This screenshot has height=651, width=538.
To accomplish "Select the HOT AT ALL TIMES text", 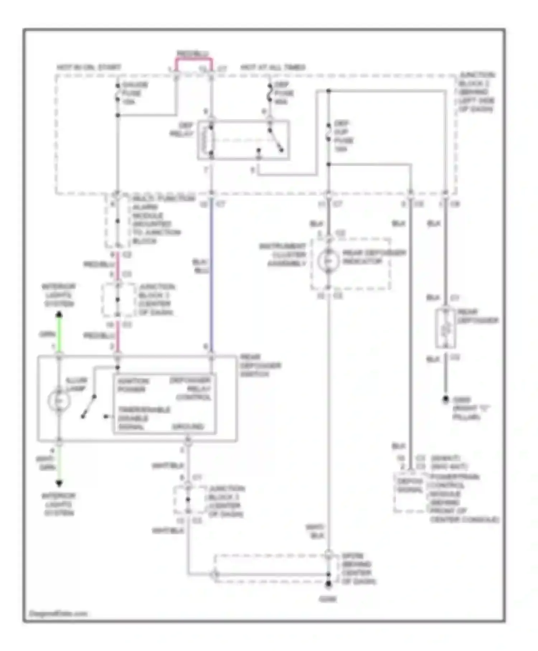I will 273,67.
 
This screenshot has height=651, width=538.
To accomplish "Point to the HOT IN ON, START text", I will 89,67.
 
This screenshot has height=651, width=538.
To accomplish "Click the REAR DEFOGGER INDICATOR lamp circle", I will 328,261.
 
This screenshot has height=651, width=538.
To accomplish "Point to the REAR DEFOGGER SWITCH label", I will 260,365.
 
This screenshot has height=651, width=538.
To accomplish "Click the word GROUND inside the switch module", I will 188,427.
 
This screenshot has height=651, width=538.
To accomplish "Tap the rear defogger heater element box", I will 445,328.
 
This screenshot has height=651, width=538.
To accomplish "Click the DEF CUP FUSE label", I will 343,136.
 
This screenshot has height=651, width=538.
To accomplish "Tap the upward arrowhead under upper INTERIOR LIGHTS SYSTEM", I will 59,315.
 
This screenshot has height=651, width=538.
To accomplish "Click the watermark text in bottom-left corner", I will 58,613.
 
